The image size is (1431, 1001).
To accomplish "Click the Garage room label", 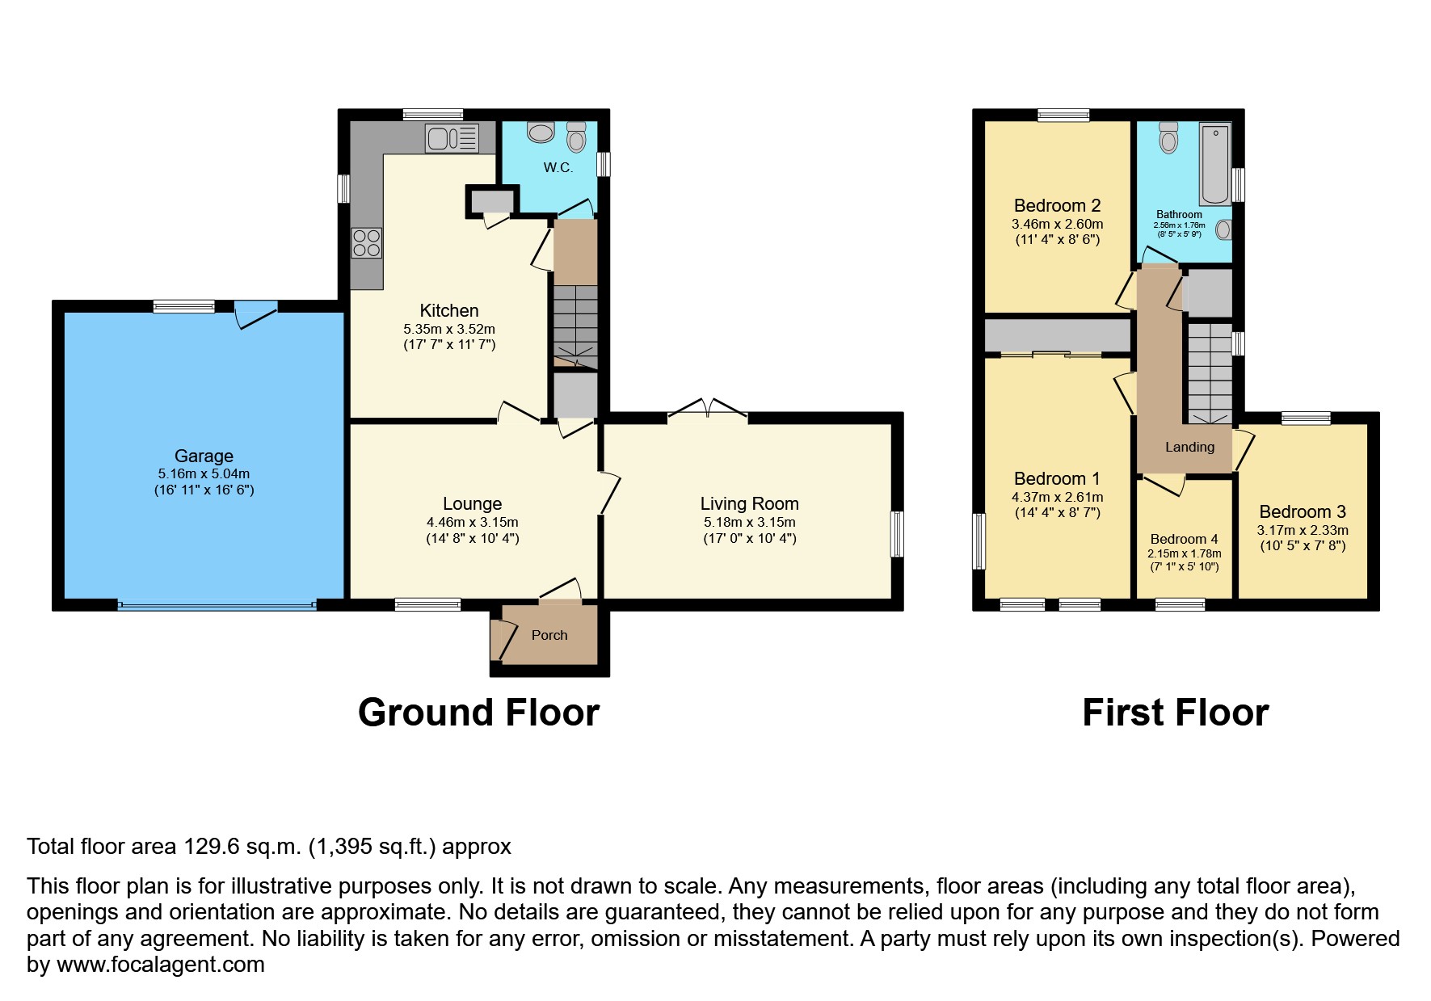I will point(204,456).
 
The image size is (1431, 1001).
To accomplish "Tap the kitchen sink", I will point(452,138).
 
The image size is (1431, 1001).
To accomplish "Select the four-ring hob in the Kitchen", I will point(366,242).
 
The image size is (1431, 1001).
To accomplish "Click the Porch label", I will point(549,635).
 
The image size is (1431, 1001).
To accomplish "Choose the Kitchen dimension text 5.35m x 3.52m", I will point(449,329).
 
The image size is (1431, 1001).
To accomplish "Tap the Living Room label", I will point(749,504).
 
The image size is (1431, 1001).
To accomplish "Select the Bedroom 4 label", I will point(1184,539).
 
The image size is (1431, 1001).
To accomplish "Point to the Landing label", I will point(1189,447).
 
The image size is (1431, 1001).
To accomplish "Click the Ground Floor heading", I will point(478,713).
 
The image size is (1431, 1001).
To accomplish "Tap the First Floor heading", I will point(1175,713).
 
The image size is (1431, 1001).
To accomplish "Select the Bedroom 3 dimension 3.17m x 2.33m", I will point(1303,530).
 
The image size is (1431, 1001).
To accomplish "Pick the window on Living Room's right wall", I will point(896,534).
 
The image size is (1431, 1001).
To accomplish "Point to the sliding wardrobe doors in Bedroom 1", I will point(1050,354).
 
